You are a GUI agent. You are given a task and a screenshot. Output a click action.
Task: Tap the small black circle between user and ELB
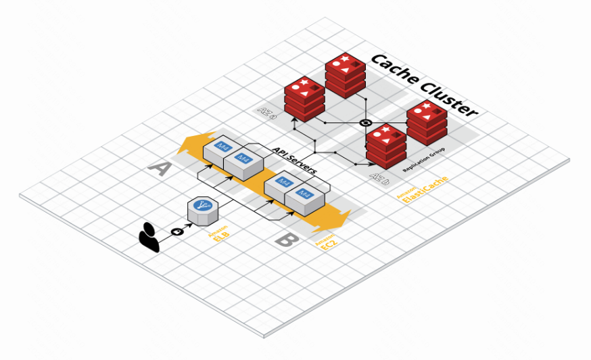[179, 231]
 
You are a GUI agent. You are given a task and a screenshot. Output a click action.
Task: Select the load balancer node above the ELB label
[200, 212]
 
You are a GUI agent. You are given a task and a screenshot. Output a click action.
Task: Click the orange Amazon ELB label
[218, 237]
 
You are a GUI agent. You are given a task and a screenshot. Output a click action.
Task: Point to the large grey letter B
[286, 240]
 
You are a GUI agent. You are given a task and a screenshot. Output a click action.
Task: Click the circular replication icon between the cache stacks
[365, 122]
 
